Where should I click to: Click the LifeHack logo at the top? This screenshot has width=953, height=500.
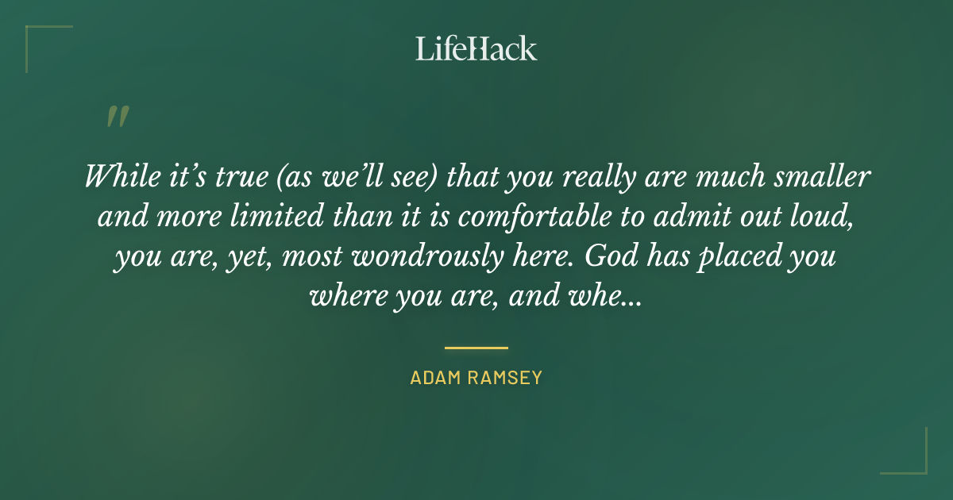click(x=476, y=48)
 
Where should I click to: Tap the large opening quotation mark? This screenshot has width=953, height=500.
click(x=117, y=117)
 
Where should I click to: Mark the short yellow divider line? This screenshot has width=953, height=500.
click(x=476, y=348)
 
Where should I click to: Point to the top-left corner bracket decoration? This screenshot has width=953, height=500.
click(x=40, y=40)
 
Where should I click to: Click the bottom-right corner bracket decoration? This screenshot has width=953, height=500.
click(x=913, y=460)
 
